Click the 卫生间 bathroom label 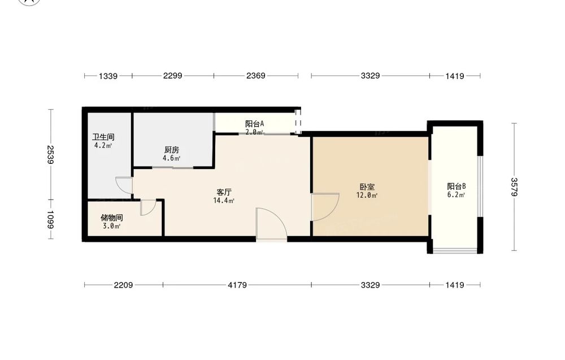pyautogui.click(x=103, y=137)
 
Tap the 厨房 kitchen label pyautogui.click(x=172, y=150)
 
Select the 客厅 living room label pyautogui.click(x=224, y=192)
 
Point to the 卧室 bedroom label pyautogui.click(x=367, y=187)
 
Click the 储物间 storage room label pyautogui.click(x=112, y=218)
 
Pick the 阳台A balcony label pyautogui.click(x=254, y=124)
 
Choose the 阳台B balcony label pyautogui.click(x=457, y=186)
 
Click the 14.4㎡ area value pyautogui.click(x=224, y=201)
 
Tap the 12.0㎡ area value pyautogui.click(x=367, y=196)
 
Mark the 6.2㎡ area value pyautogui.click(x=456, y=195)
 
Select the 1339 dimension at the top pyautogui.click(x=108, y=76)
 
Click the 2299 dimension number pyautogui.click(x=172, y=76)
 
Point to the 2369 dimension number pyautogui.click(x=256, y=76)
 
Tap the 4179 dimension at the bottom pyautogui.click(x=237, y=285)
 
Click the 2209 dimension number pyautogui.click(x=123, y=285)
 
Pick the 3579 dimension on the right pyautogui.click(x=514, y=187)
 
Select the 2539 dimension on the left pyautogui.click(x=50, y=155)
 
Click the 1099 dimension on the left pyautogui.click(x=50, y=219)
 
